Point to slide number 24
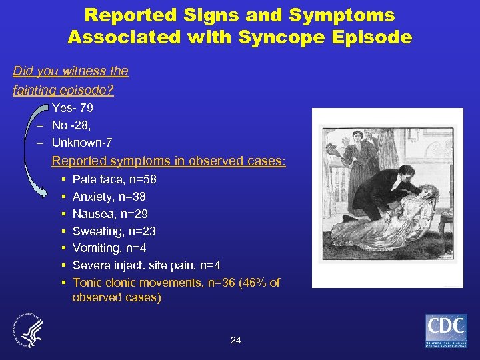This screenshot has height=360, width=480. point(235,340)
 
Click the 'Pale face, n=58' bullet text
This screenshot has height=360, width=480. point(114,179)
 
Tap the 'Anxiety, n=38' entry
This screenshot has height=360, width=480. point(109,197)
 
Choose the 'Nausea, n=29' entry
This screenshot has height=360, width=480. point(110,214)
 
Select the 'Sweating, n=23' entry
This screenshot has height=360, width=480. point(114,231)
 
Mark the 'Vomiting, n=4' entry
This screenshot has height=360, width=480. point(109,249)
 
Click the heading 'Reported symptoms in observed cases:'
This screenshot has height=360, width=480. point(169,161)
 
